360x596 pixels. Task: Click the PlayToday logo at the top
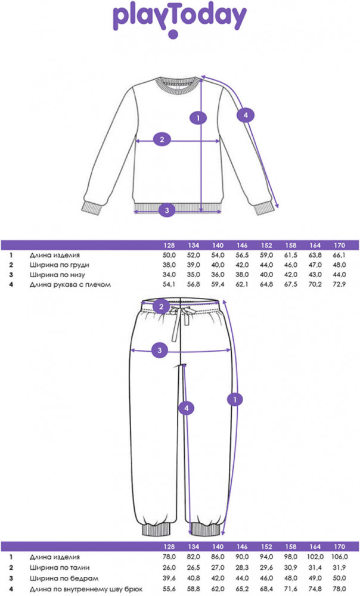(x=180, y=19)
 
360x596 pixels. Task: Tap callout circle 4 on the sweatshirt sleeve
(x=246, y=115)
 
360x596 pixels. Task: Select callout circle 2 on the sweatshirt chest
(x=162, y=139)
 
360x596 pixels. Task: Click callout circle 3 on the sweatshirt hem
(x=167, y=209)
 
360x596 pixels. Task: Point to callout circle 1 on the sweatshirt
(x=198, y=118)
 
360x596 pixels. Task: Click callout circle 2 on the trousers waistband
(x=162, y=306)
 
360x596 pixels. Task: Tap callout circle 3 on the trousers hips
(x=160, y=350)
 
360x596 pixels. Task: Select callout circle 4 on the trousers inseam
(x=187, y=408)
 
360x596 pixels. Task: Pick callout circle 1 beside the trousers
(x=235, y=399)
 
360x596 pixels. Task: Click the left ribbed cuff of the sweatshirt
(x=91, y=207)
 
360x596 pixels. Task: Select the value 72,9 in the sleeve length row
(x=340, y=284)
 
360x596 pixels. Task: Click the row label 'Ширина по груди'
(x=59, y=265)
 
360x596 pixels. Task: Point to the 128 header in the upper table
(x=169, y=245)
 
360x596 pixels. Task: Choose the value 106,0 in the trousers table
(x=339, y=557)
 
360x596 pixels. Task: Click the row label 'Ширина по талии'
(x=60, y=567)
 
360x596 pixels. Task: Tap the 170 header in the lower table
(x=340, y=547)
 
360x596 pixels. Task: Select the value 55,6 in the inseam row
(x=169, y=589)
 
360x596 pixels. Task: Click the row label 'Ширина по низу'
(x=57, y=275)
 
